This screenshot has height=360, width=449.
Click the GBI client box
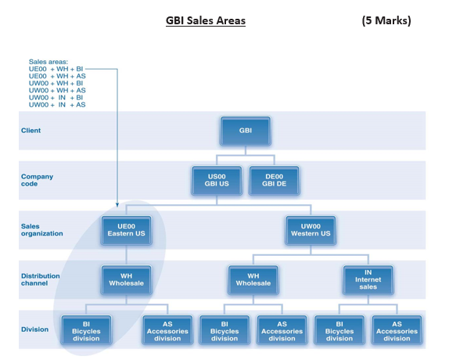click(245, 130)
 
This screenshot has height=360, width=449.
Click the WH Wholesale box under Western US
click(253, 279)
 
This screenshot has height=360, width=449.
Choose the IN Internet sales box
click(368, 279)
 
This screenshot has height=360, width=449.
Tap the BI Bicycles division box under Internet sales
click(339, 329)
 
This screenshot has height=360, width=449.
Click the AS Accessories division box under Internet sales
click(397, 329)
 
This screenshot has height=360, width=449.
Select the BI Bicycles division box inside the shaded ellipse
click(87, 329)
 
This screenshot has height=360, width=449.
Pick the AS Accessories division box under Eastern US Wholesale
click(167, 329)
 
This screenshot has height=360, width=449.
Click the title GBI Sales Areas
click(206, 21)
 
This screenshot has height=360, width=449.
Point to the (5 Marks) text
click(386, 21)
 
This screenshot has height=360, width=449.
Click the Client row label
click(31, 130)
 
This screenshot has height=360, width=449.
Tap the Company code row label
click(37, 180)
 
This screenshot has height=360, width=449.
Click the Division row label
click(34, 329)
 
